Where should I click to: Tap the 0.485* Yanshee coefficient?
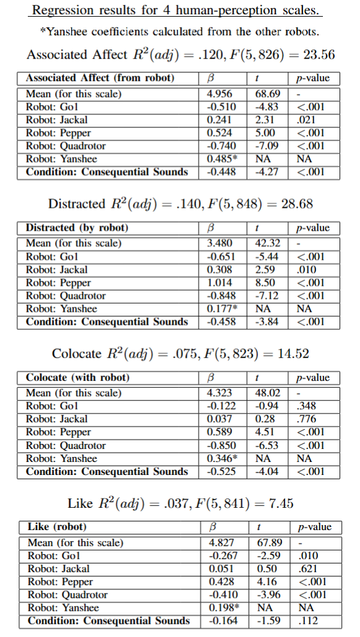pos(221,159)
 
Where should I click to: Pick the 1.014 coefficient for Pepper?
pos(220,283)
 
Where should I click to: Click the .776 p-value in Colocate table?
pos(306,419)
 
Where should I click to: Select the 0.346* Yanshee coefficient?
pos(221,458)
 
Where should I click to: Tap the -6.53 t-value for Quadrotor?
pos(267,445)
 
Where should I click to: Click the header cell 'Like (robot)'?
pos(58,527)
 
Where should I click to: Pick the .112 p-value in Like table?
pos(307,620)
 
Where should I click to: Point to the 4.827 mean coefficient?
pos(222,542)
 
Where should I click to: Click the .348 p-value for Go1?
pos(306,406)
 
